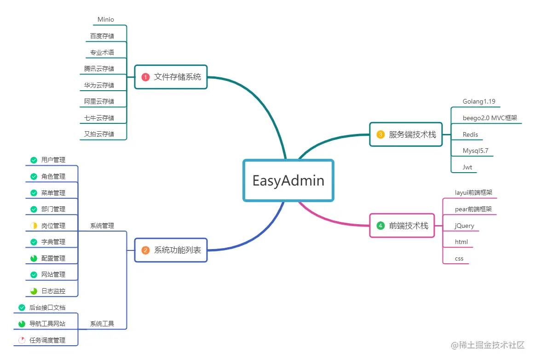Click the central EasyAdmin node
pos(288,180)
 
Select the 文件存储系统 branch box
pos(171,77)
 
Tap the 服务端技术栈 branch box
pos(406,134)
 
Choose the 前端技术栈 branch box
pos(402,226)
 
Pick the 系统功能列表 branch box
pos(171,250)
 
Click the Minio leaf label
pos(106,20)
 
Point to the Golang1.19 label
pos(479,102)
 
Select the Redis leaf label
pos(470,135)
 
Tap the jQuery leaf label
pos(464,226)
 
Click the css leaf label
pos(459,259)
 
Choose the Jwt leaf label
pos(467,168)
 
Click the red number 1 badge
pos(145,77)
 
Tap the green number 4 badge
pos(380,226)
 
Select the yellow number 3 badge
pos(380,135)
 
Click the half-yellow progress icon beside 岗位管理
pos(34,226)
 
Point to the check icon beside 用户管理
pos(34,160)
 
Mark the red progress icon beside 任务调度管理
pos(22,340)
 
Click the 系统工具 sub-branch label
pos(102,324)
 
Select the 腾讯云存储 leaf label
pos(99,69)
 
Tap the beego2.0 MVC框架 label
pos(490,118)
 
